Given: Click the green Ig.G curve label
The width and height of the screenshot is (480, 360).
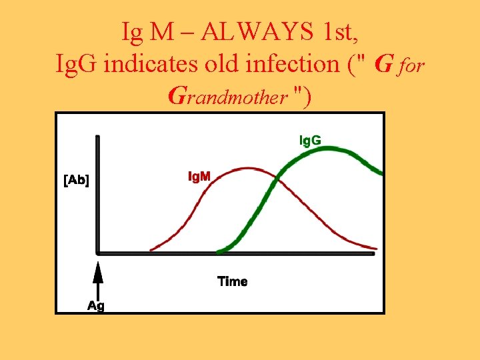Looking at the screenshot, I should point(309,140).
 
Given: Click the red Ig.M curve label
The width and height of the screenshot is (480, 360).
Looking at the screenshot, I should point(198,177).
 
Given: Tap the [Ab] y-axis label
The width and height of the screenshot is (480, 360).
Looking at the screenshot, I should point(77,180).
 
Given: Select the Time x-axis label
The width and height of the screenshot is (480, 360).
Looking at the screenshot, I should point(233,281).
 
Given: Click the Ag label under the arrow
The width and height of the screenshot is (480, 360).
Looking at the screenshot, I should point(97,305).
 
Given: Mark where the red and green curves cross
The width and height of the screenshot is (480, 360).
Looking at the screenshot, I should point(274,180).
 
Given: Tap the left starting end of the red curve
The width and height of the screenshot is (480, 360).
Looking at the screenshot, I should point(151,250).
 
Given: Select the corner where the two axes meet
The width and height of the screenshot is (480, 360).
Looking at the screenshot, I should point(98,253).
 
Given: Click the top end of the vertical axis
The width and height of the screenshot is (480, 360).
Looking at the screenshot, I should point(98,138).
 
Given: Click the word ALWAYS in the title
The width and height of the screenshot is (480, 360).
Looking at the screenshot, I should point(255,31).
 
